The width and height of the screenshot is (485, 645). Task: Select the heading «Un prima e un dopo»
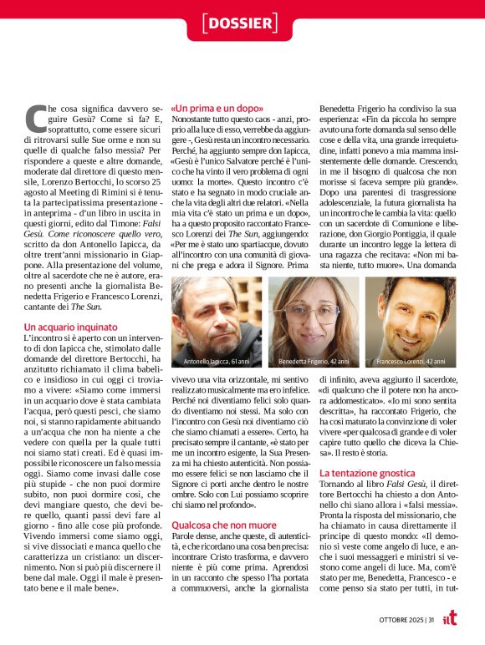point(217,109)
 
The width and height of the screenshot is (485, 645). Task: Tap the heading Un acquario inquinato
point(69,326)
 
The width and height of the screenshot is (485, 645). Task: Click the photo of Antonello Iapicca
point(217,322)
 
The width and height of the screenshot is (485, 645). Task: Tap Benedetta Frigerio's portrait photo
point(314,322)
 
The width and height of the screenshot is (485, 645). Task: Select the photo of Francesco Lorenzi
point(410,322)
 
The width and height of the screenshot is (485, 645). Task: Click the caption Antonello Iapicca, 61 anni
point(217,362)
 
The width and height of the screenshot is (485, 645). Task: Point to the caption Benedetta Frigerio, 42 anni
point(314,362)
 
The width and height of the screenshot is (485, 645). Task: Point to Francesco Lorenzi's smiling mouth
point(412,334)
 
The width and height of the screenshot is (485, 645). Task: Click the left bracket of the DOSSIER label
point(206,23)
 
